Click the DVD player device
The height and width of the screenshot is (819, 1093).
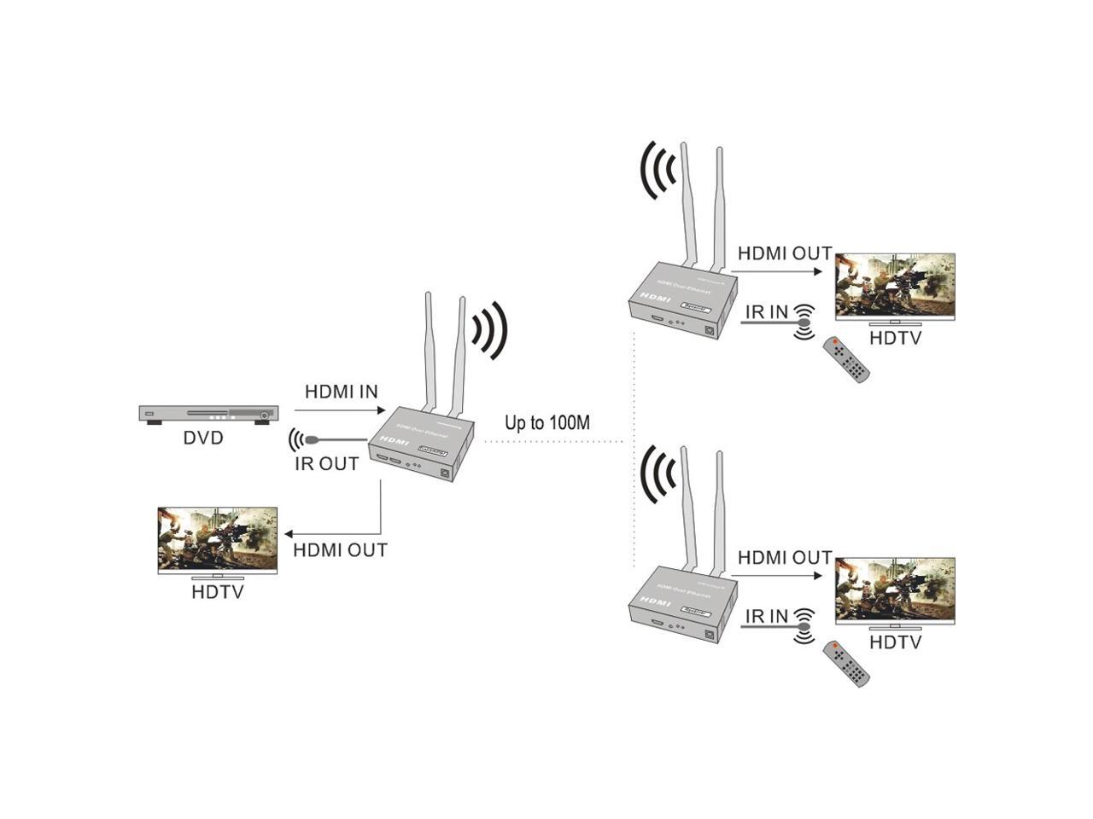[208, 415]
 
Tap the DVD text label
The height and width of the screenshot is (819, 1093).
[203, 439]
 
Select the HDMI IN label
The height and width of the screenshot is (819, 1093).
[342, 392]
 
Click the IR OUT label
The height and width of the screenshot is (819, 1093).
[327, 464]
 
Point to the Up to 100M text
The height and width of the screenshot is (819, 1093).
[547, 422]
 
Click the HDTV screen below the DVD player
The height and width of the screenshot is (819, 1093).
[218, 539]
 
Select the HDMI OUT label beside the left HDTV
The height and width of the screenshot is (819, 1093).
[340, 550]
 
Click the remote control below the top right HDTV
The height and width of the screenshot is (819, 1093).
[846, 360]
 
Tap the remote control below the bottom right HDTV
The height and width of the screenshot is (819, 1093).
[846, 665]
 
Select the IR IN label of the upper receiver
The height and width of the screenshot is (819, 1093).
[767, 312]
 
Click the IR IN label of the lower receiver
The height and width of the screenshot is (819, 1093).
[767, 616]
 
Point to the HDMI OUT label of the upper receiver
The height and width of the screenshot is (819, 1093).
[785, 253]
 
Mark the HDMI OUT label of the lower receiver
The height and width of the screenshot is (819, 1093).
[785, 558]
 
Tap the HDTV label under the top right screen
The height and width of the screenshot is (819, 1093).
[896, 338]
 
